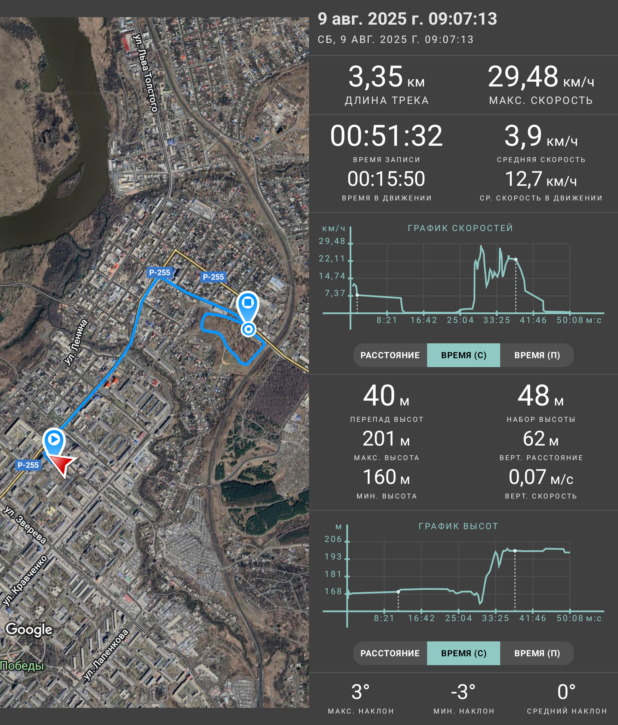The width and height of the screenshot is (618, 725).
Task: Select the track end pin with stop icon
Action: tap(248, 306)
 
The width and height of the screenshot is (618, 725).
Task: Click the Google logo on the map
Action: tap(29, 629)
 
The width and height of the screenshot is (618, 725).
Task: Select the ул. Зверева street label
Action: tap(25, 525)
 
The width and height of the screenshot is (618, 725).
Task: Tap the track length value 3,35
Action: tap(375, 77)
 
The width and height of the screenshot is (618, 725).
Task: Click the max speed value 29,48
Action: tap(523, 77)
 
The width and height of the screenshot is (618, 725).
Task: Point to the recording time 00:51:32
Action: tap(387, 136)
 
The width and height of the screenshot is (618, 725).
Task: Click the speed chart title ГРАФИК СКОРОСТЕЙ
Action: tap(460, 228)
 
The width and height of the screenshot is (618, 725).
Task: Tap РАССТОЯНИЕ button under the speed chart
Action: tap(390, 355)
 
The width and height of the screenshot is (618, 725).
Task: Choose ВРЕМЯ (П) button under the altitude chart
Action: tap(537, 653)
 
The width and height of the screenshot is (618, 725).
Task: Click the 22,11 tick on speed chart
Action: tap(332, 259)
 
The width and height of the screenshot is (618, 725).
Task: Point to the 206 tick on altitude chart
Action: tap(333, 539)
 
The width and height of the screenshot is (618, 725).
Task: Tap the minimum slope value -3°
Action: tap(463, 692)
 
